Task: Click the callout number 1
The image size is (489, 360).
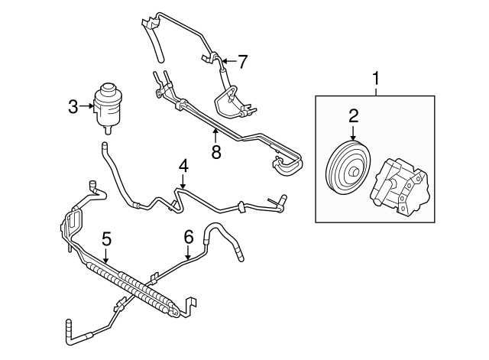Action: coord(375,78)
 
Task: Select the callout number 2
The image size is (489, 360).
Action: coord(354,116)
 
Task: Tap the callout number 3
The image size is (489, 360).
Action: coord(73,107)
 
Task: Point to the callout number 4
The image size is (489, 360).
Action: coord(183,164)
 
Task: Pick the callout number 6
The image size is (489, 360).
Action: coord(188,238)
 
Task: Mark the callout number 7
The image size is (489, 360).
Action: coord(242,60)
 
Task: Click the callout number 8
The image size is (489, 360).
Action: coord(215,151)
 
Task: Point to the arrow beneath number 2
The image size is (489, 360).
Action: coord(354,134)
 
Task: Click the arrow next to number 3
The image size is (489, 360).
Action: coord(86,107)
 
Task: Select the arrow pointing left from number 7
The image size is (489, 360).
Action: coord(228,60)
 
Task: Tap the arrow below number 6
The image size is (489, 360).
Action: coord(188,254)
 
